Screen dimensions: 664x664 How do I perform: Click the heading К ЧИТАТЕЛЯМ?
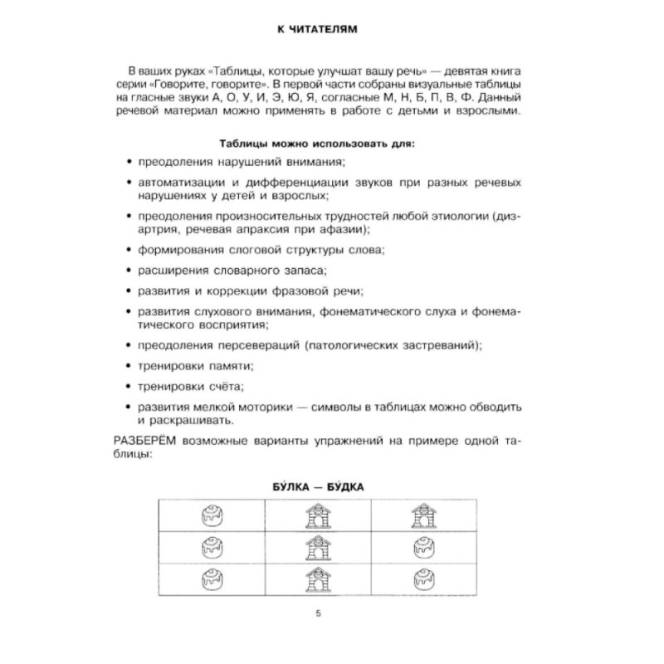point(331,30)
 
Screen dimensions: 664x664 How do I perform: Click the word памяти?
point(230,365)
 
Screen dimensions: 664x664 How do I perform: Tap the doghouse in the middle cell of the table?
point(315,547)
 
